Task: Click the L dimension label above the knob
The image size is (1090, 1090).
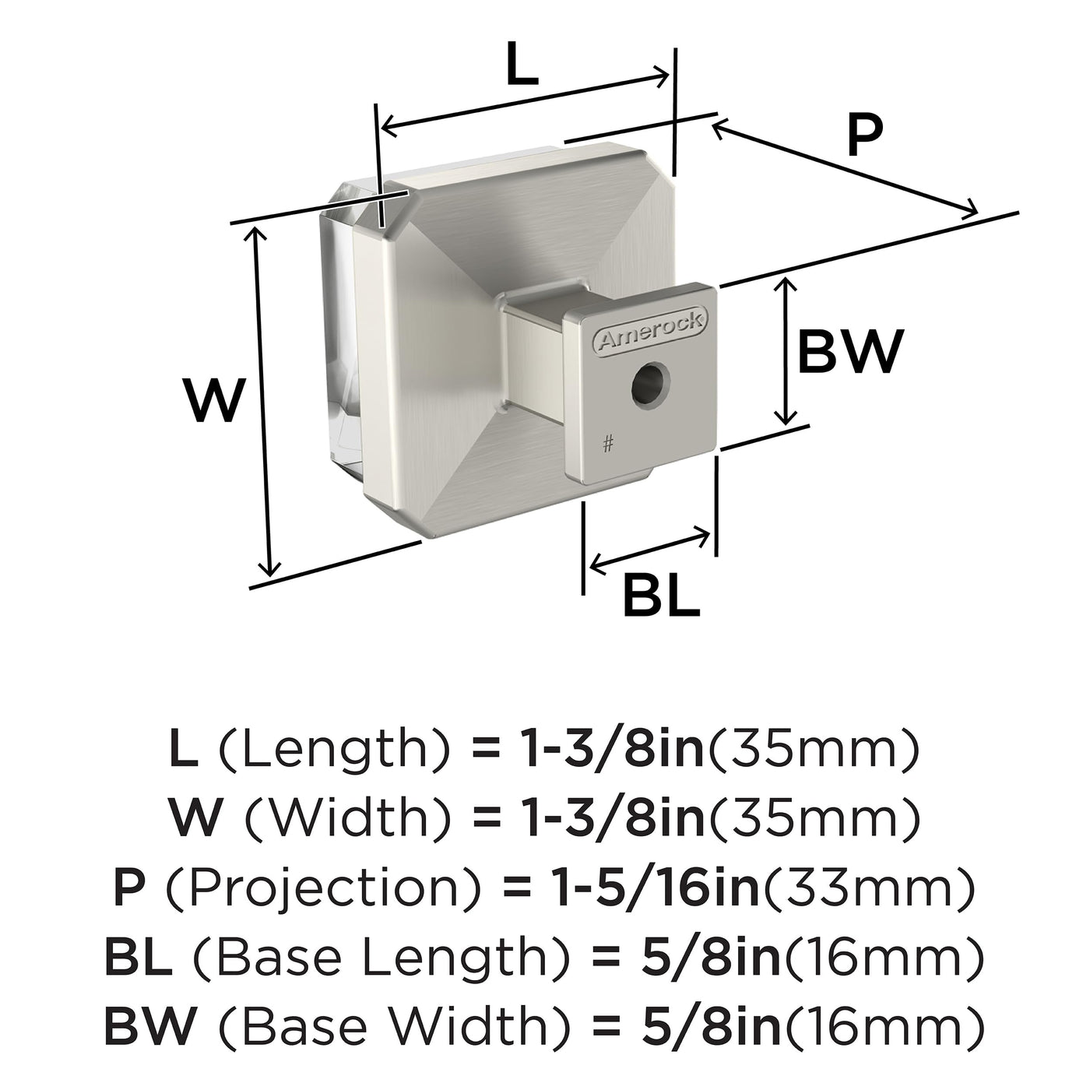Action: [x=522, y=65]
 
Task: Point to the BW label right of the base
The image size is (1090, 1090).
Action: [x=851, y=351]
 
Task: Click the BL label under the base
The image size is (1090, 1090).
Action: [x=662, y=594]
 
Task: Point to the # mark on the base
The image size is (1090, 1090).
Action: [x=608, y=445]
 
